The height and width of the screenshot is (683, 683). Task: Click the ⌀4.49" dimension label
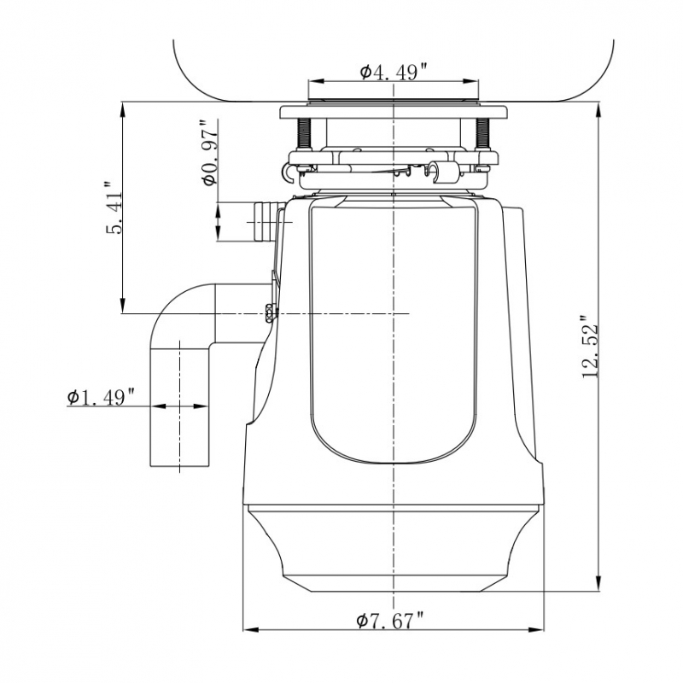pyautogui.click(x=394, y=73)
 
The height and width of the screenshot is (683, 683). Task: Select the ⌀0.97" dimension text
pyautogui.click(x=207, y=154)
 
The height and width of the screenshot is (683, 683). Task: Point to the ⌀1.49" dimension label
pyautogui.click(x=102, y=397)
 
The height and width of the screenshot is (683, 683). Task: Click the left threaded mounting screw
pyautogui.click(x=303, y=133)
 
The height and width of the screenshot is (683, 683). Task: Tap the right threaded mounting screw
pyautogui.click(x=482, y=133)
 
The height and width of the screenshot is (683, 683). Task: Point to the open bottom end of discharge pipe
pyautogui.click(x=180, y=465)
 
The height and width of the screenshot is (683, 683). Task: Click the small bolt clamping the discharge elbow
pyautogui.click(x=271, y=312)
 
